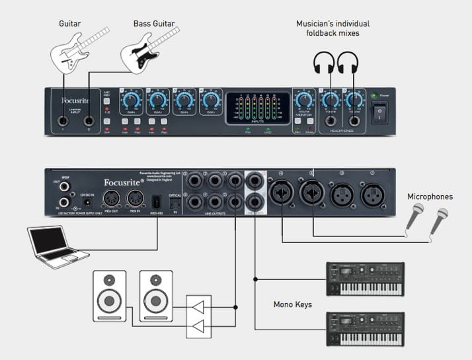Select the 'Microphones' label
click(x=430, y=197)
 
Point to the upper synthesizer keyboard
click(x=366, y=279)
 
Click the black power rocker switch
click(x=379, y=113)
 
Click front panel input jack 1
click(x=63, y=121)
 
